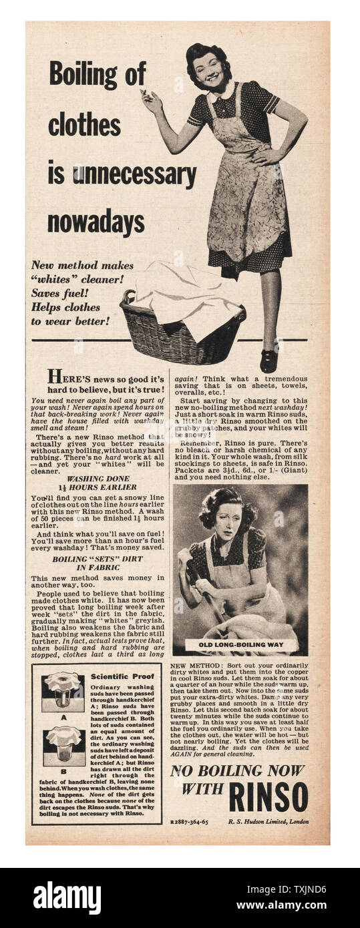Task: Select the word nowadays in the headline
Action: pyautogui.click(x=96, y=223)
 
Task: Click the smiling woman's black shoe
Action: pyautogui.click(x=268, y=360)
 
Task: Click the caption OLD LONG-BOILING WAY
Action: pyautogui.click(x=240, y=645)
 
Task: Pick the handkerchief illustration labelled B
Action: pyautogui.click(x=63, y=745)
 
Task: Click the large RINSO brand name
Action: pyautogui.click(x=268, y=797)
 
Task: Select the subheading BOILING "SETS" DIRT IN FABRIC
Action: pyautogui.click(x=98, y=563)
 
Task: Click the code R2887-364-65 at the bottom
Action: pyautogui.click(x=189, y=822)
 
